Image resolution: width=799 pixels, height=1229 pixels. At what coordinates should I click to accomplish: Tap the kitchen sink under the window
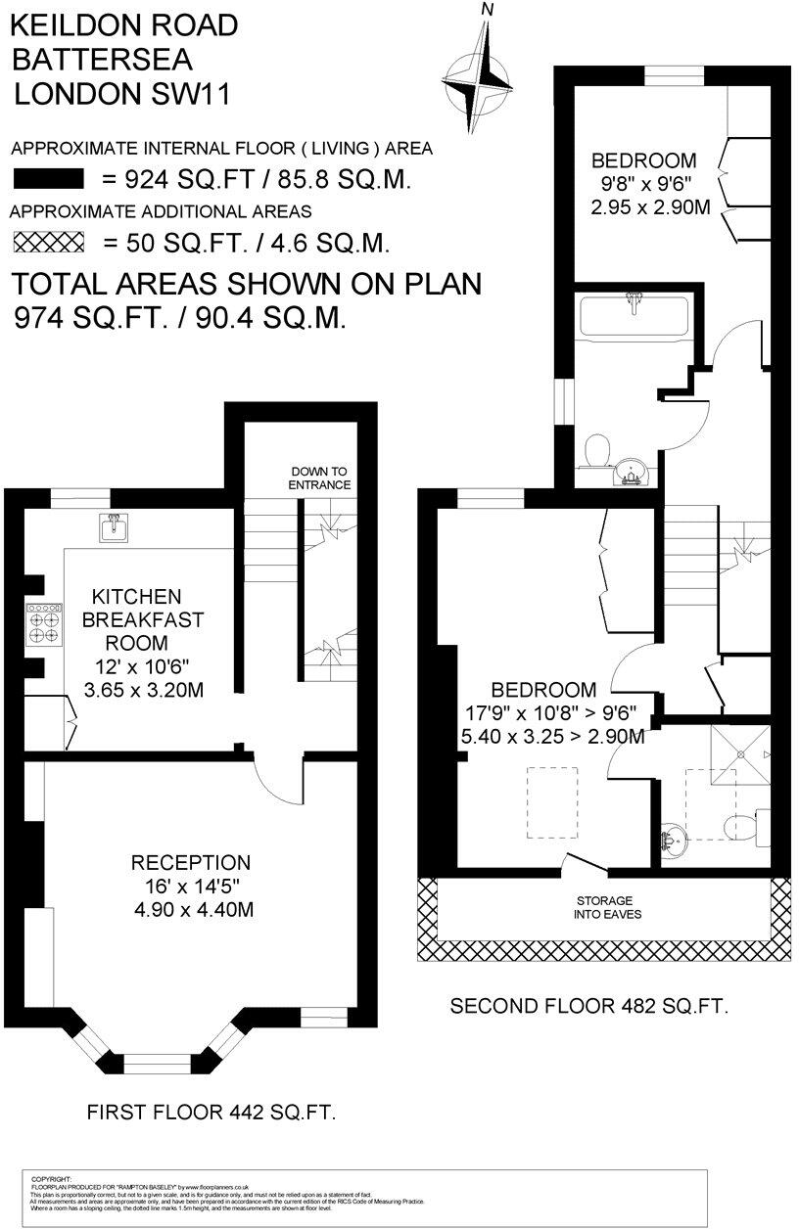click(113, 528)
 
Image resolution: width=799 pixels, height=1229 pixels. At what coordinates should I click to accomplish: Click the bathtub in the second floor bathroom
click(634, 317)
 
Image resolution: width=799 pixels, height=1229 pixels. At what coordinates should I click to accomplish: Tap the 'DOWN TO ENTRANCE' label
click(319, 478)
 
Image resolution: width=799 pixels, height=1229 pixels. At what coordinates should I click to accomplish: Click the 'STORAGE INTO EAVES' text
click(604, 907)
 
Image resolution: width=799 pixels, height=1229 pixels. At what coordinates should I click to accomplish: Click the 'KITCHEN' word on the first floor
click(137, 597)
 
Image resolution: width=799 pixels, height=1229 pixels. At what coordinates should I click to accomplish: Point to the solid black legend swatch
click(48, 179)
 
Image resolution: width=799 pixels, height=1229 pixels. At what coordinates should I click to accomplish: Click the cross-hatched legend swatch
click(48, 242)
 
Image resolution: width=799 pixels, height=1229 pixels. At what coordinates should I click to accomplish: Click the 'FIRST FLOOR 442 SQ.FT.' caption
click(211, 1112)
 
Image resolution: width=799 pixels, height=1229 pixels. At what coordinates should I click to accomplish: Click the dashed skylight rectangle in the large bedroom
click(552, 802)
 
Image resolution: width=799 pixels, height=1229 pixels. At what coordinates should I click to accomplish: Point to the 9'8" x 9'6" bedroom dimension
click(643, 184)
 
